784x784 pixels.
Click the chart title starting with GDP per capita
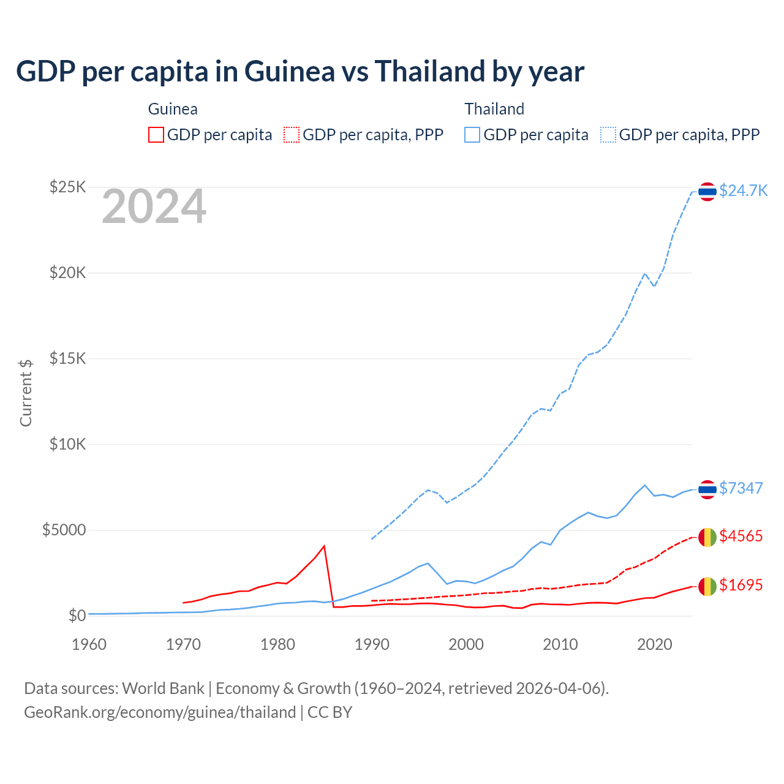pyautogui.click(x=300, y=72)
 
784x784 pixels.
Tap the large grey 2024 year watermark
pyautogui.click(x=154, y=207)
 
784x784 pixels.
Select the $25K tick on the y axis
pyautogui.click(x=67, y=187)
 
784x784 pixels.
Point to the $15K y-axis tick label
pyautogui.click(x=67, y=358)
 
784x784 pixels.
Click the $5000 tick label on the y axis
pyautogui.click(x=64, y=530)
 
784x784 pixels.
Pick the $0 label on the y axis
pyautogui.click(x=77, y=616)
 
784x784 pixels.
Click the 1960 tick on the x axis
pyautogui.click(x=89, y=644)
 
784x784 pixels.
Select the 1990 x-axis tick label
pyautogui.click(x=372, y=644)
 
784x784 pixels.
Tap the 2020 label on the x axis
pyautogui.click(x=655, y=644)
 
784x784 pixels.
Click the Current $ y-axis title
pyautogui.click(x=26, y=393)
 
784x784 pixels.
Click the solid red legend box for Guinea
pyautogui.click(x=156, y=135)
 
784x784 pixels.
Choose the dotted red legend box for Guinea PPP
pyautogui.click(x=292, y=135)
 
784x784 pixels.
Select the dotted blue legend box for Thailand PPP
pyautogui.click(x=608, y=135)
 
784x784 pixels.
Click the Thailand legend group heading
pyautogui.click(x=494, y=109)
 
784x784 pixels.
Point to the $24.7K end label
pyautogui.click(x=743, y=190)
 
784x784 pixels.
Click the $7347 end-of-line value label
pyautogui.click(x=741, y=488)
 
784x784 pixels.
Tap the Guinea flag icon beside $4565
pyautogui.click(x=707, y=537)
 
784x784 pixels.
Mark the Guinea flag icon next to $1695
pyautogui.click(x=707, y=586)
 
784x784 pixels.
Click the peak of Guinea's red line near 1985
pyautogui.click(x=324, y=546)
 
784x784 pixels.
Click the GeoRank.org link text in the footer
pyautogui.click(x=160, y=712)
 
